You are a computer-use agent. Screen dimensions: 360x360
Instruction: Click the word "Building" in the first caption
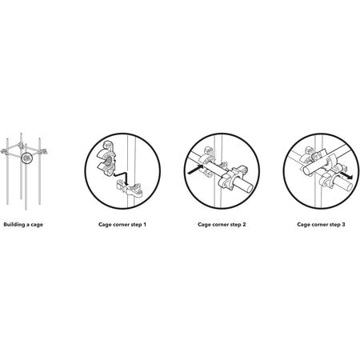14,225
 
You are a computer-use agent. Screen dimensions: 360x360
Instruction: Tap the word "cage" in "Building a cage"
37,225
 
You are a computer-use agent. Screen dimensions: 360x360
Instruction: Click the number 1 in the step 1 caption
145,225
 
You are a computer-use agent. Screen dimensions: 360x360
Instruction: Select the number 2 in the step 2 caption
244,225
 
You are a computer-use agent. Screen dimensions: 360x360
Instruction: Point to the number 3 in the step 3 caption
343,225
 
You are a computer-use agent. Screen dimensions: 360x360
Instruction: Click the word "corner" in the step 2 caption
221,225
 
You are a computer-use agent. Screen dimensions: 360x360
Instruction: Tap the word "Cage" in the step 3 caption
303,225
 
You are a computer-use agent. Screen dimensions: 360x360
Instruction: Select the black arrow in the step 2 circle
196,170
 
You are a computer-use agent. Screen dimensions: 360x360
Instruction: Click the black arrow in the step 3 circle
346,175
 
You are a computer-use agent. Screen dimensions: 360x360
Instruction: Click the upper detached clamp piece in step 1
106,158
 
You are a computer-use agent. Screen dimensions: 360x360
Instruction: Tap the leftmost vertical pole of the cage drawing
7,171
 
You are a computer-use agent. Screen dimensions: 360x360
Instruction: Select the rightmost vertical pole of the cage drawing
39,171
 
